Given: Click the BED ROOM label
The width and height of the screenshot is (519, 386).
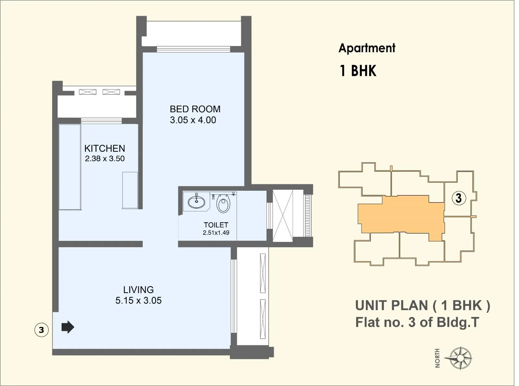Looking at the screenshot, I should (195, 109).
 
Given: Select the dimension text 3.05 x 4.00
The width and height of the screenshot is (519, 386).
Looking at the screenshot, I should (193, 120).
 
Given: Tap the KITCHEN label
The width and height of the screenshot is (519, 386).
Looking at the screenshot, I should (104, 149).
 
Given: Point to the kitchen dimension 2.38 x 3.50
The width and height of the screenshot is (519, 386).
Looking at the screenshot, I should (105, 159).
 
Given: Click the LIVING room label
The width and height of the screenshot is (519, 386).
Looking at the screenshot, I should (138, 290).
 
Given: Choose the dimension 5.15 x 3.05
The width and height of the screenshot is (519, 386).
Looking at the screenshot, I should (139, 300).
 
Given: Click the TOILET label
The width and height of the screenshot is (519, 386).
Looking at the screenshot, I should (216, 225).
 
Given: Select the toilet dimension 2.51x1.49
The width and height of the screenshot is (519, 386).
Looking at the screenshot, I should (216, 233).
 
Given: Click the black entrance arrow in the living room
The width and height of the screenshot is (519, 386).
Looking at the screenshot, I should (68, 327).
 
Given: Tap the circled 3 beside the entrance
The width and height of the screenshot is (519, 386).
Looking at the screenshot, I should (41, 330).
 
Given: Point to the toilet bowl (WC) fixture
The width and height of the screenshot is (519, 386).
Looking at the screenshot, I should (223, 204).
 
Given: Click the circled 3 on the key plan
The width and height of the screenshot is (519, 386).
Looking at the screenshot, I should (459, 198).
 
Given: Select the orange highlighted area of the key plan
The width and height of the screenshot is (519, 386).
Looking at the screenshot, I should (402, 214).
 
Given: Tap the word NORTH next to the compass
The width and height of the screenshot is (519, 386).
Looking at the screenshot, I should (438, 358).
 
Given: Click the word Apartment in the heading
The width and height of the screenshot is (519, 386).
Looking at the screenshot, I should (367, 48).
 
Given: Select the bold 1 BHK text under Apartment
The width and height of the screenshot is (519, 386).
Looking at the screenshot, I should (358, 71).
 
